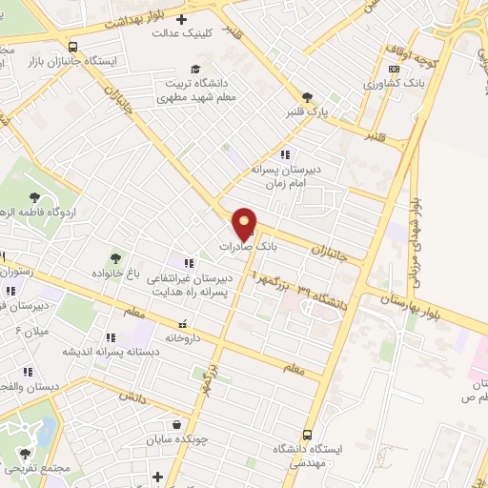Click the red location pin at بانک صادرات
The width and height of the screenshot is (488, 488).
click(245, 224)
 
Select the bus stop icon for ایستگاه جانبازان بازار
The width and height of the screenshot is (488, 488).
click(73, 46)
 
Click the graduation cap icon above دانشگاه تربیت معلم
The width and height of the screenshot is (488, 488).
click(195, 70)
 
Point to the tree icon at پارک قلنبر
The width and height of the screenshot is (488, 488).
click(307, 97)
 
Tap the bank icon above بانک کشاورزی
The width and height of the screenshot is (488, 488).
click(394, 70)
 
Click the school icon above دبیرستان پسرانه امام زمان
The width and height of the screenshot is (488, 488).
click(283, 154)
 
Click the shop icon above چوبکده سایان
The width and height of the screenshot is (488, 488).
click(176, 425)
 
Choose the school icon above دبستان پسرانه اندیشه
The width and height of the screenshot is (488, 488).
click(111, 337)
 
